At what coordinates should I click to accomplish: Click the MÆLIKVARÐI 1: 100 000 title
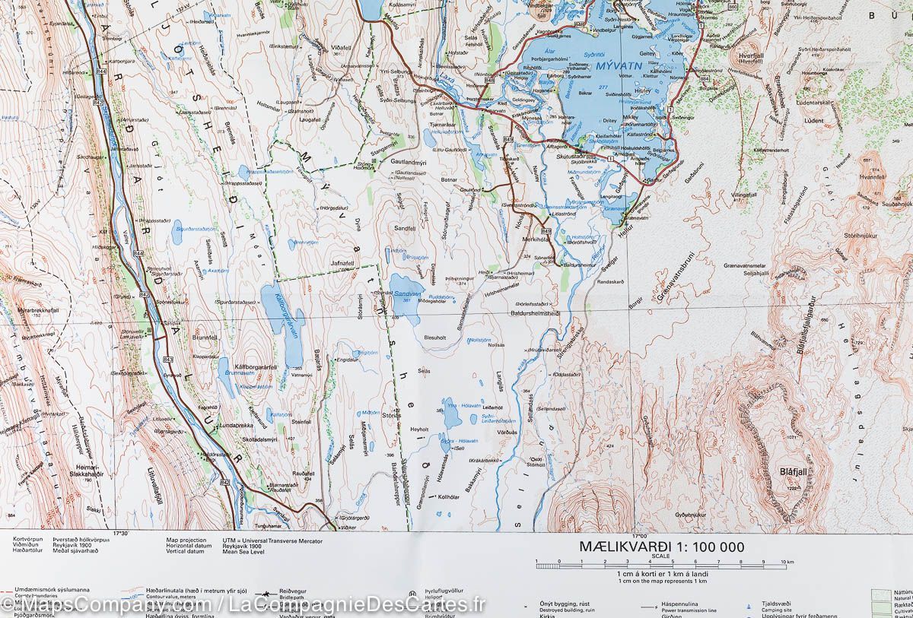pyautogui.click(x=661, y=547)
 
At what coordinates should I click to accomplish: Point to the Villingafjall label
pyautogui.click(x=747, y=195)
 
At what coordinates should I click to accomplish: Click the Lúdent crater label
pyautogui.click(x=812, y=121)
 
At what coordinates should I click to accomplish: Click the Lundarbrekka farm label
pyautogui.click(x=215, y=426)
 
